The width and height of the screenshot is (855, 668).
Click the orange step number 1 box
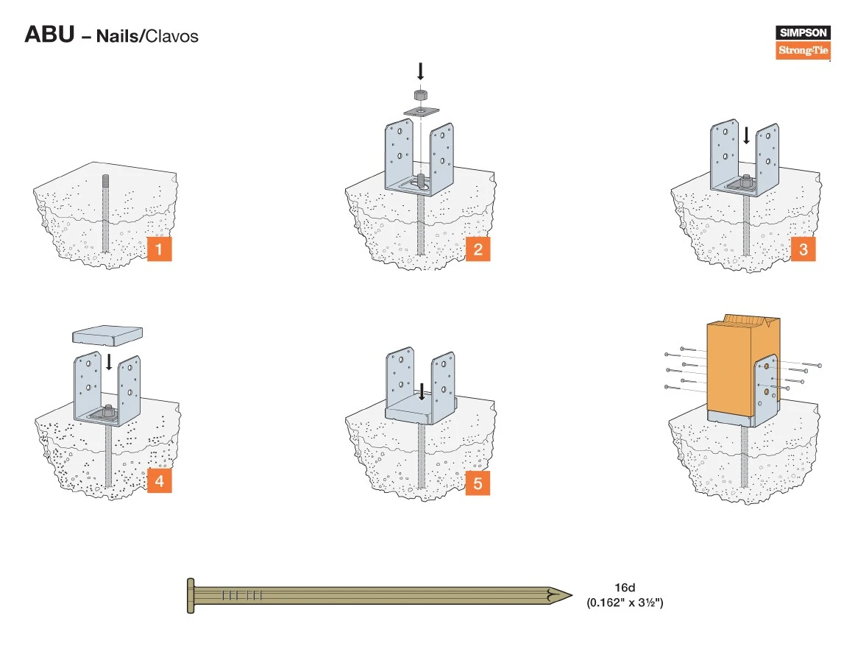pos(159,249)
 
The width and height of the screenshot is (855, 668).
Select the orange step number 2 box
pos(478,249)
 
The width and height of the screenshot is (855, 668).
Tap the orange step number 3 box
pos(803,249)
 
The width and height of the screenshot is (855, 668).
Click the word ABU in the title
pos(49,35)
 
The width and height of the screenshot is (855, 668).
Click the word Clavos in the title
pos(171,35)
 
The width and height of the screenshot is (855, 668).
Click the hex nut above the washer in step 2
pos(421,96)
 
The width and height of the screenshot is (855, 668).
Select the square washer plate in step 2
pos(421,111)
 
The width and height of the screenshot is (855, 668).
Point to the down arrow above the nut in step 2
pos(421,71)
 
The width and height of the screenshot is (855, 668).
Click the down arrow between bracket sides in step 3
pos(746,135)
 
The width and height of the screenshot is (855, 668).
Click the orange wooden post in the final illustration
pos(731,368)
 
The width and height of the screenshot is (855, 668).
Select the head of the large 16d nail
pos(191,595)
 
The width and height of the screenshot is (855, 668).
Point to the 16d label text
pos(625,588)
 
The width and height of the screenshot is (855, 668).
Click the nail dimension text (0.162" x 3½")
pos(625,603)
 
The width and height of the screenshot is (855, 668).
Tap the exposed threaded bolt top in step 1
pos(105,181)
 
